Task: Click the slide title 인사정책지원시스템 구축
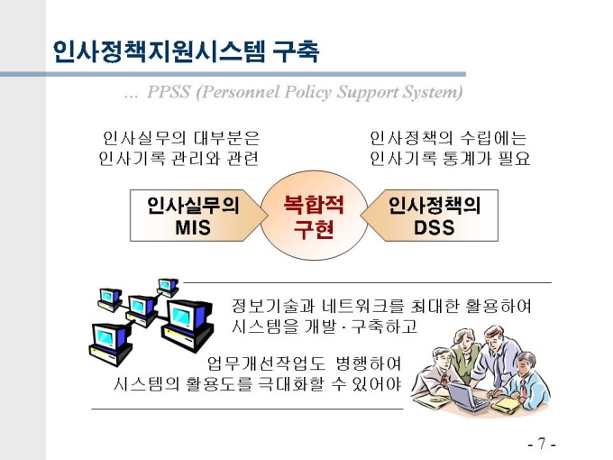[x=185, y=51]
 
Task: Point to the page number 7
[x=541, y=444]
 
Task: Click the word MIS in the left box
[x=193, y=227]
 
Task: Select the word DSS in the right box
[x=435, y=227]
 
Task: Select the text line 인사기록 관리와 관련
[x=178, y=160]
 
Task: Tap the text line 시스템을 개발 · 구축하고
[x=325, y=327]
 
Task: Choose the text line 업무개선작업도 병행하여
[x=304, y=364]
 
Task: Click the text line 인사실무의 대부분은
[x=181, y=139]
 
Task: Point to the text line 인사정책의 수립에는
[x=448, y=139]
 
